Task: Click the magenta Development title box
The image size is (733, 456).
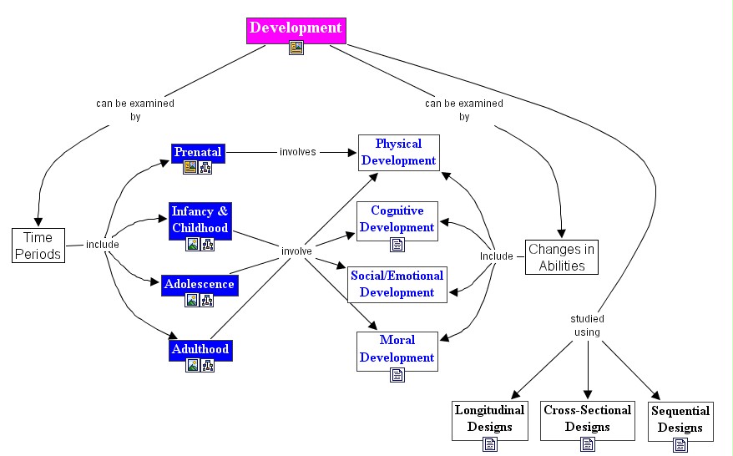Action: pyautogui.click(x=296, y=28)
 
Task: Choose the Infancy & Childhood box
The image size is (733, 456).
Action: pyautogui.click(x=200, y=220)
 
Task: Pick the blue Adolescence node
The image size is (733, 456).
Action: pyautogui.click(x=199, y=284)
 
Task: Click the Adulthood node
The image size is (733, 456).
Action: pyautogui.click(x=199, y=349)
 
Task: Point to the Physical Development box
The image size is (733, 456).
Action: pyautogui.click(x=398, y=152)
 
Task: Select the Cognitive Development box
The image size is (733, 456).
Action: pyautogui.click(x=397, y=219)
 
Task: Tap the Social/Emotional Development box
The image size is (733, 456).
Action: pyautogui.click(x=397, y=284)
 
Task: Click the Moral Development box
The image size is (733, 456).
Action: pyautogui.click(x=397, y=349)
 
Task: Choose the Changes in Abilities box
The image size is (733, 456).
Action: pyautogui.click(x=561, y=257)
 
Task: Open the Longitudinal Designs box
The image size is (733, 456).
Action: pyautogui.click(x=489, y=418)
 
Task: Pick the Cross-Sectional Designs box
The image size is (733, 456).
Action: pyautogui.click(x=587, y=418)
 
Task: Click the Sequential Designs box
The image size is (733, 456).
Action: pyautogui.click(x=680, y=418)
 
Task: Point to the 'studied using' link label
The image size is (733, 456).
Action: pyautogui.click(x=587, y=326)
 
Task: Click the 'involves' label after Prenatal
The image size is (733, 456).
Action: pyautogui.click(x=297, y=153)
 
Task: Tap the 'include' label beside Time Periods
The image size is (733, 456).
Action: pyautogui.click(x=102, y=245)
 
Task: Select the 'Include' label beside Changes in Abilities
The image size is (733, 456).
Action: pyautogui.click(x=496, y=256)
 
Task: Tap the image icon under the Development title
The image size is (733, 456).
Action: pyautogui.click(x=296, y=48)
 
